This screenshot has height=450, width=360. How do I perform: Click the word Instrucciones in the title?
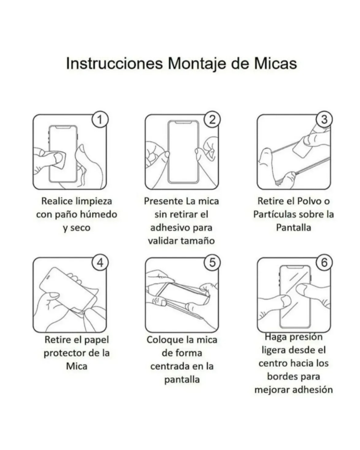[x=114, y=63]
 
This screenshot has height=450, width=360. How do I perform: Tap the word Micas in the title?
[x=275, y=63]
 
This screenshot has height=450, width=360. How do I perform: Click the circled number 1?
[x=100, y=120]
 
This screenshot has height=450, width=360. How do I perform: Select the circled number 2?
[x=212, y=120]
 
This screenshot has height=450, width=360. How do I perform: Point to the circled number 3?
[x=324, y=120]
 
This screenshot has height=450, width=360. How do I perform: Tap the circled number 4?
[x=100, y=263]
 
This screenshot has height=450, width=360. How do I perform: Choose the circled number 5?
[x=212, y=263]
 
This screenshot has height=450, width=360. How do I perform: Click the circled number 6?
[x=324, y=263]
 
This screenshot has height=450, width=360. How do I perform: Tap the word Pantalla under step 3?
[x=293, y=228]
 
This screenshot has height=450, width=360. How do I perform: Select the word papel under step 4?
[x=96, y=340]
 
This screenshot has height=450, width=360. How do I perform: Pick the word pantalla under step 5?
[x=182, y=380]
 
